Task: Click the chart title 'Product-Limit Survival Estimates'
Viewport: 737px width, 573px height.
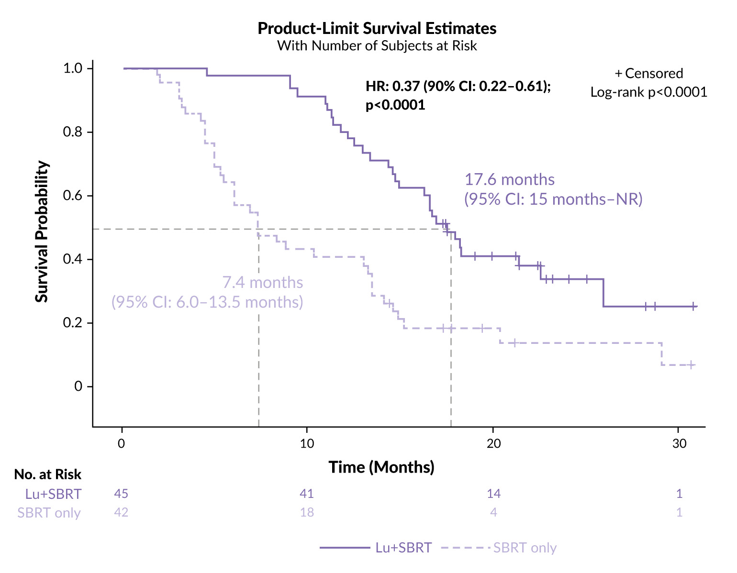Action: pyautogui.click(x=377, y=28)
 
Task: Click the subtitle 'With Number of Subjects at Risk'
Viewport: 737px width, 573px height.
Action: pyautogui.click(x=377, y=46)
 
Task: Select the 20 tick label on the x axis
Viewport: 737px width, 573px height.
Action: pyautogui.click(x=493, y=443)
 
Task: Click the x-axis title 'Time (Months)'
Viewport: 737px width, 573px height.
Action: pyautogui.click(x=381, y=467)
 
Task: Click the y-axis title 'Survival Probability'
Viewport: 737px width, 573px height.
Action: pyautogui.click(x=42, y=231)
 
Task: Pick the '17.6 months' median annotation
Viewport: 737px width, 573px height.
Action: pyautogui.click(x=510, y=180)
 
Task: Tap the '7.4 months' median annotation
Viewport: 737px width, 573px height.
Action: pyautogui.click(x=262, y=283)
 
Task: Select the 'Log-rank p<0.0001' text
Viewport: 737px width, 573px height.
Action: pyautogui.click(x=648, y=92)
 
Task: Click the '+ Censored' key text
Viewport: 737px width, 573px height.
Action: pyautogui.click(x=648, y=73)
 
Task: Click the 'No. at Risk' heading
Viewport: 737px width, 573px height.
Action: pyautogui.click(x=48, y=474)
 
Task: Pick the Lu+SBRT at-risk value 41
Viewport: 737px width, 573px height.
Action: pyautogui.click(x=306, y=494)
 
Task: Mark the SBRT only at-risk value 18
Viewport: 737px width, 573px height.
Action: pyautogui.click(x=306, y=512)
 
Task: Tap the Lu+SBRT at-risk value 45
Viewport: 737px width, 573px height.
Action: pyautogui.click(x=121, y=494)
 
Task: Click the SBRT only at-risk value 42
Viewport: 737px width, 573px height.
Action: pyautogui.click(x=121, y=512)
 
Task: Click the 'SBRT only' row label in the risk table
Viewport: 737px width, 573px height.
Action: pyautogui.click(x=49, y=513)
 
